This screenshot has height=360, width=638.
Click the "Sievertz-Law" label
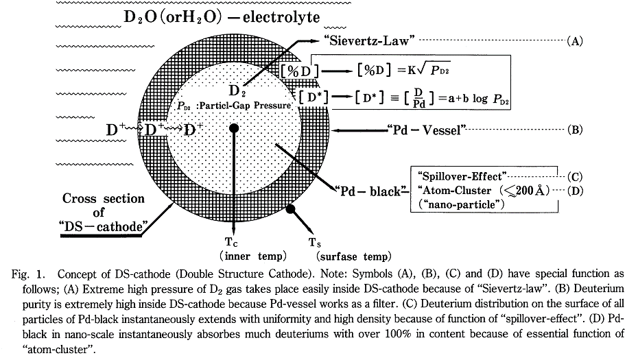point(368,40)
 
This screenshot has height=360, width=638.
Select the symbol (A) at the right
point(574,41)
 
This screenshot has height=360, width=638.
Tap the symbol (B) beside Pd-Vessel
point(574,129)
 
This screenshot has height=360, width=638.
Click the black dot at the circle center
point(234,128)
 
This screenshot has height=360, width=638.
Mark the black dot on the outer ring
point(291,208)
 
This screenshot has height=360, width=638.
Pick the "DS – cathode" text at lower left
point(103,227)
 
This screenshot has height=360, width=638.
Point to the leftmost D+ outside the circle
point(116,129)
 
